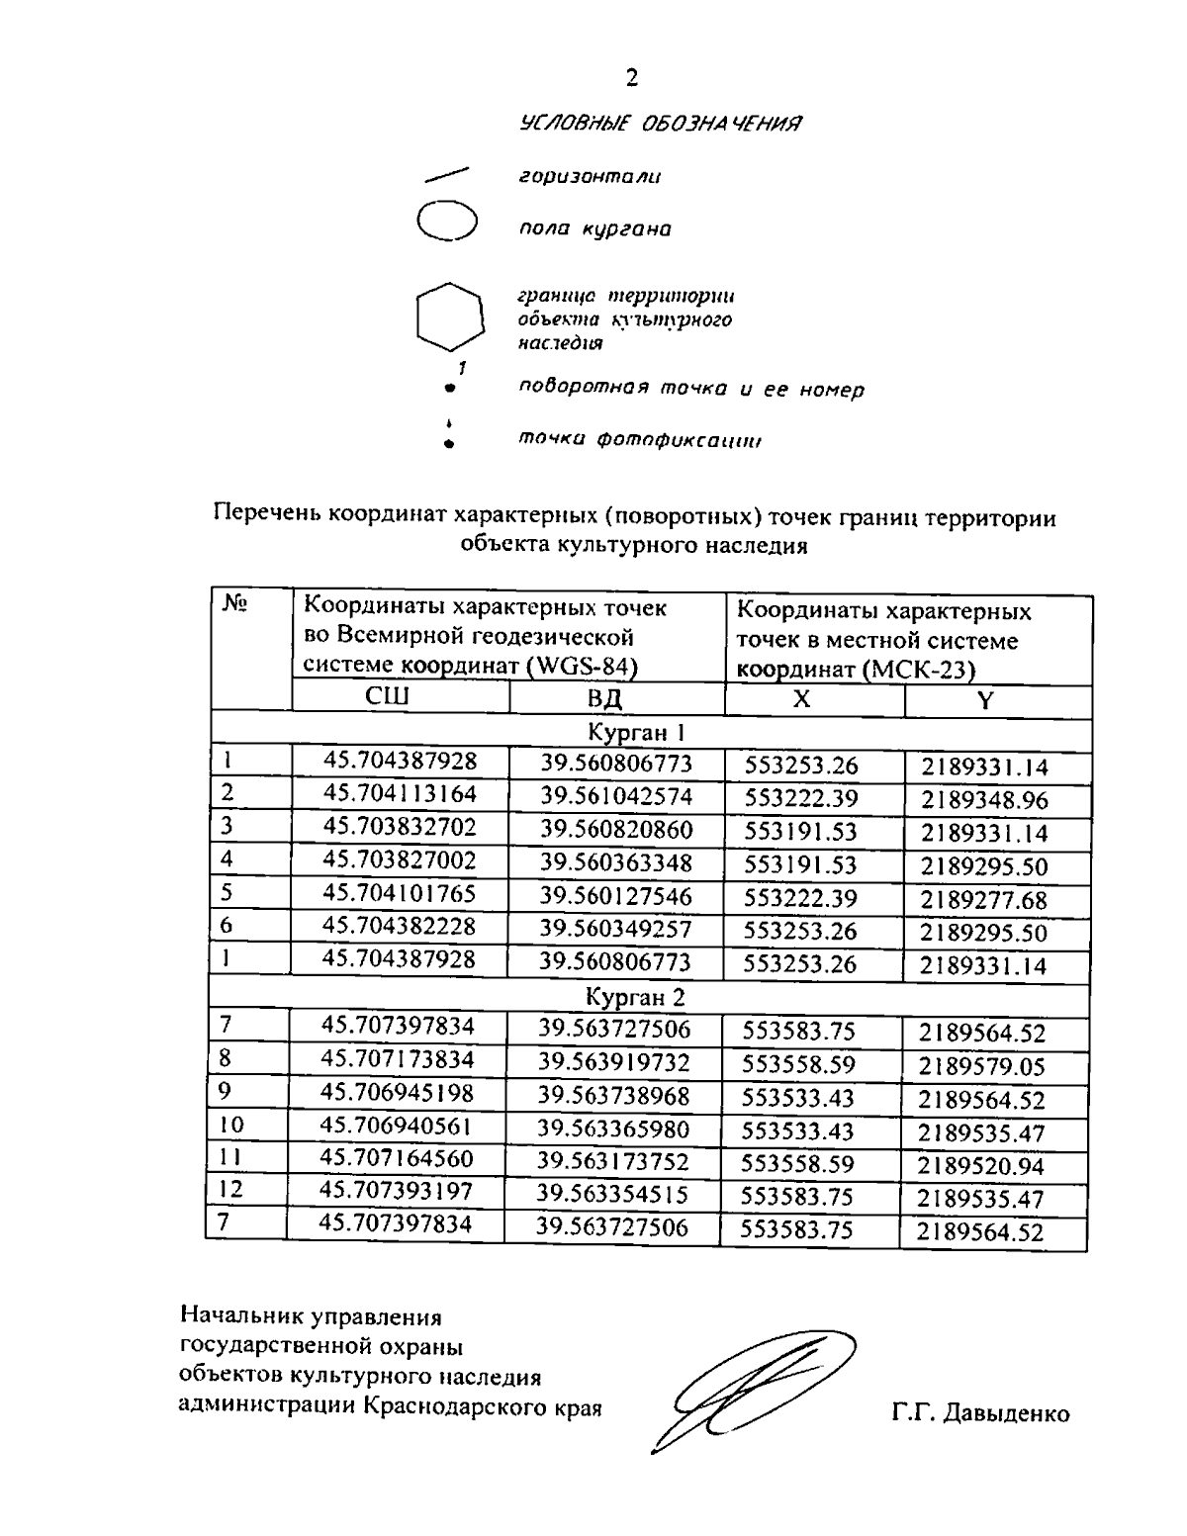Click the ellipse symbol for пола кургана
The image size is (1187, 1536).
(447, 220)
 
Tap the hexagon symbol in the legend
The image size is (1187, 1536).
(449, 317)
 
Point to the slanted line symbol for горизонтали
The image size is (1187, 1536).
(446, 176)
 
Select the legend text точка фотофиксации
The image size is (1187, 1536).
(641, 440)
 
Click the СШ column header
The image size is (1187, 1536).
(388, 697)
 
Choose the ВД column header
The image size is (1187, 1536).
(604, 698)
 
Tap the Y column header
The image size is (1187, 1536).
(985, 701)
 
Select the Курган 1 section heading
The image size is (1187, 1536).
(637, 733)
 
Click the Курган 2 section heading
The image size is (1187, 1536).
(635, 996)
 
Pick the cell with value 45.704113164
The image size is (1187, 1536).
(400, 794)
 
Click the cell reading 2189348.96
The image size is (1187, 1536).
(984, 800)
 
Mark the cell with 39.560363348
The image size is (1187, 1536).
(616, 863)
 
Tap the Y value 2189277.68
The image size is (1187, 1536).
(984, 900)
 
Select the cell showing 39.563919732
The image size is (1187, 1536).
(614, 1063)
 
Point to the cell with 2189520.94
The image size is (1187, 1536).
(981, 1166)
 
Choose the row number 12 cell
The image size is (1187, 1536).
(230, 1190)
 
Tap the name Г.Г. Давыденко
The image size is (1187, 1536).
(979, 1413)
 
